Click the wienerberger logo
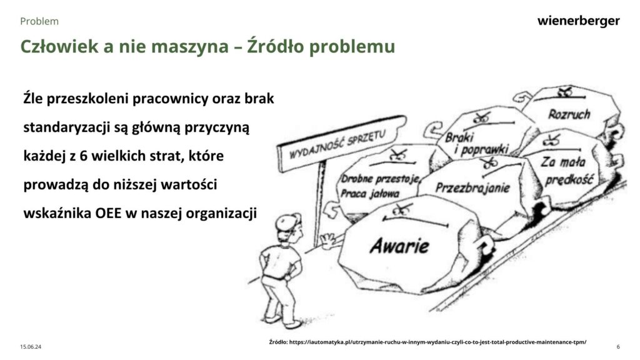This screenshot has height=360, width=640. point(578,21)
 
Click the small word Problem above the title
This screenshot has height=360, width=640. point(39,21)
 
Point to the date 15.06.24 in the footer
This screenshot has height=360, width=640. point(31,347)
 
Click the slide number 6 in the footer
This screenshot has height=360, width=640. point(618,347)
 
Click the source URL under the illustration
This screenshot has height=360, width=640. point(427,342)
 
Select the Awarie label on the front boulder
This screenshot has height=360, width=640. point(399,246)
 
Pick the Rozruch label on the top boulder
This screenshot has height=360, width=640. point(569,114)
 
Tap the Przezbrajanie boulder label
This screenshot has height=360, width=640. point(472,187)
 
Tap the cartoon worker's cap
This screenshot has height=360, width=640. point(287,222)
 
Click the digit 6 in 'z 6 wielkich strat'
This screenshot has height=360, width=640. point(84,156)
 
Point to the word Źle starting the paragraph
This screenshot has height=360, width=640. point(33,98)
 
